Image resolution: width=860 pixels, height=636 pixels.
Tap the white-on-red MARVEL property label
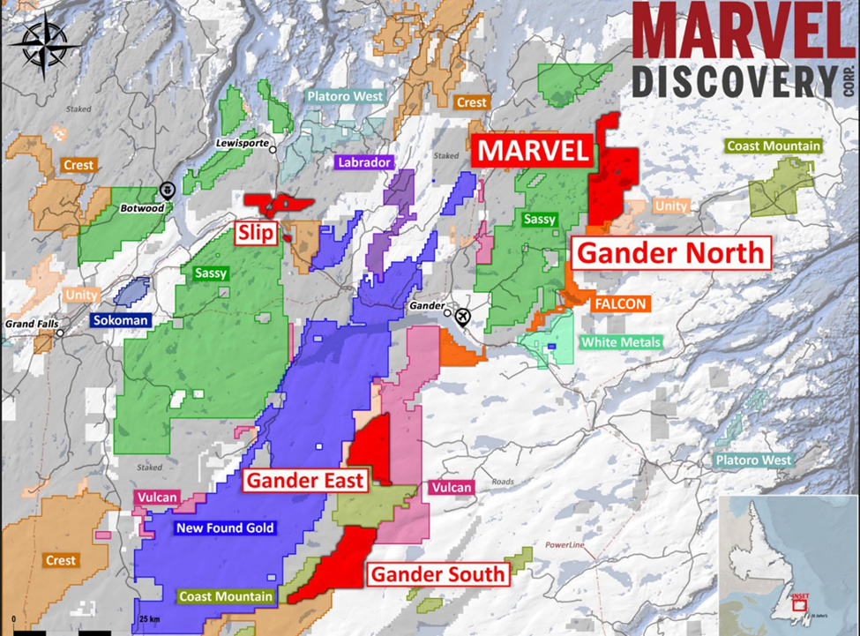pos(532,151)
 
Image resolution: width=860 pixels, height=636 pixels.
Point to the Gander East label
pos(304,481)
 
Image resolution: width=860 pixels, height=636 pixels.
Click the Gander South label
pos(438,574)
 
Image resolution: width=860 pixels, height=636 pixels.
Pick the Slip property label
pos(256,233)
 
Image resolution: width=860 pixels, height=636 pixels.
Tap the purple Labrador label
pos(363,162)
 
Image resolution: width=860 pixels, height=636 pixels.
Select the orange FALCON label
pos(621,304)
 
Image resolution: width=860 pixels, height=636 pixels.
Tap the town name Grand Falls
pos(32,324)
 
